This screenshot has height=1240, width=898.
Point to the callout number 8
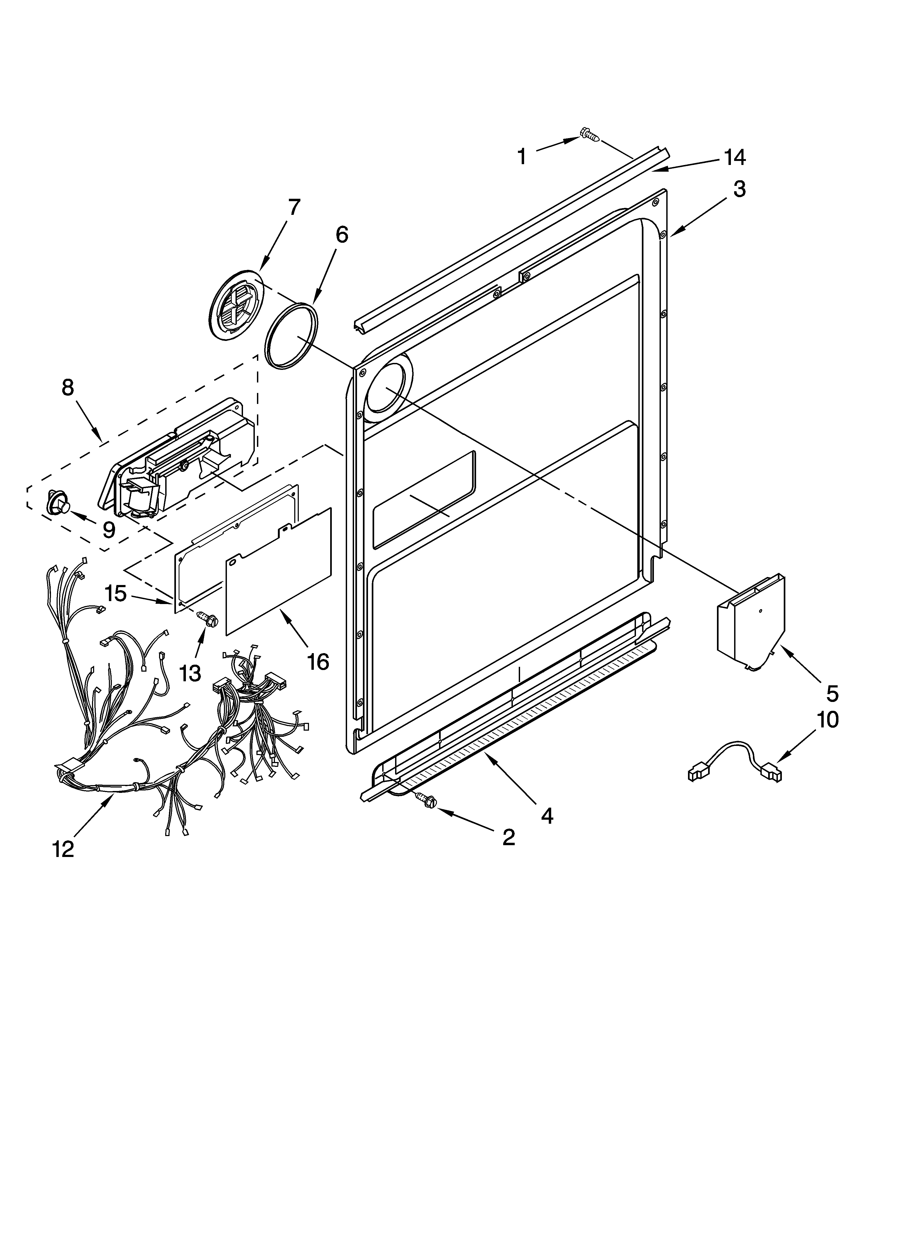point(67,388)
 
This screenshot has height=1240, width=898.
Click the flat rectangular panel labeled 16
point(279,571)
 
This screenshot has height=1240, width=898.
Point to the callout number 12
point(64,849)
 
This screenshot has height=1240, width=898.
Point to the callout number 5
point(832,693)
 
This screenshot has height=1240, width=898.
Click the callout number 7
point(294,207)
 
